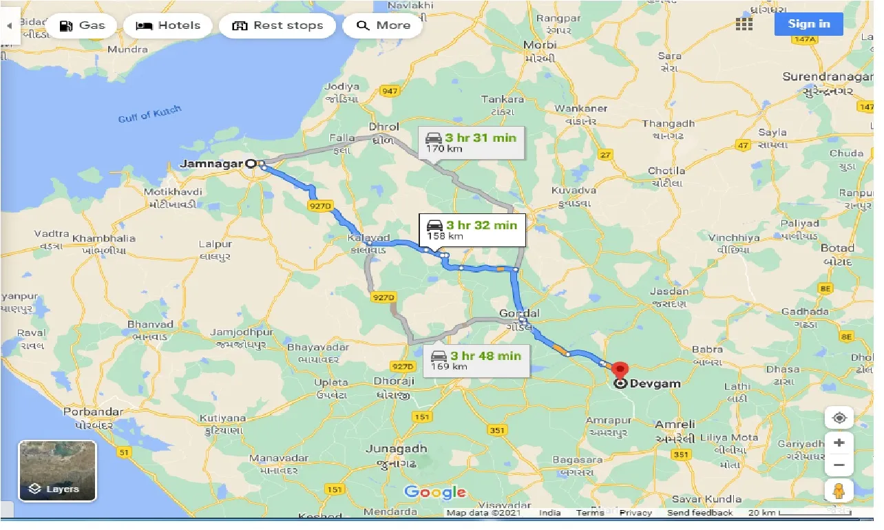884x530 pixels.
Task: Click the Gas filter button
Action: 81,25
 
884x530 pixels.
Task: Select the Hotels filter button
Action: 168,25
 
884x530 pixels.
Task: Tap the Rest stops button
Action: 277,25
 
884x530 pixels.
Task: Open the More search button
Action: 383,25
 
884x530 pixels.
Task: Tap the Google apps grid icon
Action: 744,24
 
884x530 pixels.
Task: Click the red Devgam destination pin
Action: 620,370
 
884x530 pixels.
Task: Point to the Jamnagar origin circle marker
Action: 251,164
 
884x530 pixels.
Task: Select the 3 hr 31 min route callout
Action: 470,142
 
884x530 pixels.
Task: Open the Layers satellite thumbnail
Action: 57,471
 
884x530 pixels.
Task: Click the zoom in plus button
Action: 839,443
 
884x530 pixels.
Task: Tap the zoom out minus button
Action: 839,465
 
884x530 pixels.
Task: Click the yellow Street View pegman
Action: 839,491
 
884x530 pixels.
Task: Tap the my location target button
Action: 839,417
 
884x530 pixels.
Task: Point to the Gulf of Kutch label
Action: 149,114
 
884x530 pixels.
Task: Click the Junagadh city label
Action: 396,449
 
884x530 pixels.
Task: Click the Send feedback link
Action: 699,513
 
